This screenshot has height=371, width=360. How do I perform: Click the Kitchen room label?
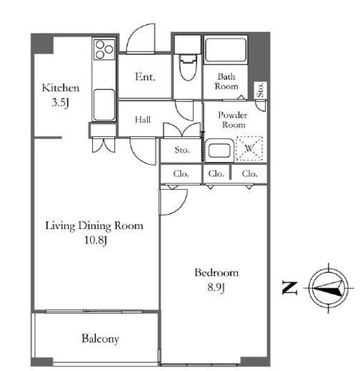(x=61, y=88)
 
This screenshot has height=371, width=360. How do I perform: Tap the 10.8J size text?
(x=96, y=240)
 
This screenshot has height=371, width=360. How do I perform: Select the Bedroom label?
(x=216, y=273)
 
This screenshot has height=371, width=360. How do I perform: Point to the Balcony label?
(x=100, y=339)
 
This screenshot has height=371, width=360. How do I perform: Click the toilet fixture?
(x=188, y=67)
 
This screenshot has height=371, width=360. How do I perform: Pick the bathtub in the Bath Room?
(x=225, y=50)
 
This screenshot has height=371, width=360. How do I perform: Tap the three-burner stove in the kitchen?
(x=104, y=49)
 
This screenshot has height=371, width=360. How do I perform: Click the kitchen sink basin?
(x=104, y=105)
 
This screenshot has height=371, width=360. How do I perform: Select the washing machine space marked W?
(x=249, y=148)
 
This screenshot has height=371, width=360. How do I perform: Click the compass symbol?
(x=329, y=288)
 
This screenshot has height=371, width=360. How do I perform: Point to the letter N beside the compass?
(x=290, y=288)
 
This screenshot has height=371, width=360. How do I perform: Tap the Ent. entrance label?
(x=145, y=77)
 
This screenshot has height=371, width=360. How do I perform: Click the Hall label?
(x=143, y=119)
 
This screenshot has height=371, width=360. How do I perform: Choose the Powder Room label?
(x=233, y=120)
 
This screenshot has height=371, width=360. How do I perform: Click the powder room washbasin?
(x=219, y=151)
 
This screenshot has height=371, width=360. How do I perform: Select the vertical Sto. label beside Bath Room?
(x=261, y=90)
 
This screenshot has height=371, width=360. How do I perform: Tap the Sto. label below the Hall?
(x=182, y=150)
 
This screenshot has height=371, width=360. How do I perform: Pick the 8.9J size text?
(x=216, y=288)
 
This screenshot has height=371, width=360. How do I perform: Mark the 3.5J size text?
(x=61, y=103)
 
